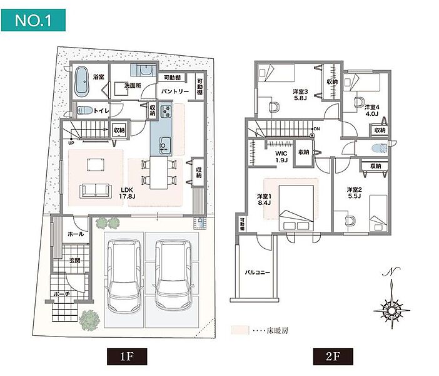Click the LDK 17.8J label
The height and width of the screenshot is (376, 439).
(x=128, y=193)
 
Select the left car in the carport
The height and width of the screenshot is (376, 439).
(x=123, y=276)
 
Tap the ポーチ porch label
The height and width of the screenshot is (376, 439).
(x=61, y=293)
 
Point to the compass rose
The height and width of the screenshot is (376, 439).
(x=391, y=308)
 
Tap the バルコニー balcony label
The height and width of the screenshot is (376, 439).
(x=256, y=274)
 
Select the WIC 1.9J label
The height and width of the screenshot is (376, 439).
(x=281, y=157)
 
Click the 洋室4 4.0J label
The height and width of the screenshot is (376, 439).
(x=373, y=110)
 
